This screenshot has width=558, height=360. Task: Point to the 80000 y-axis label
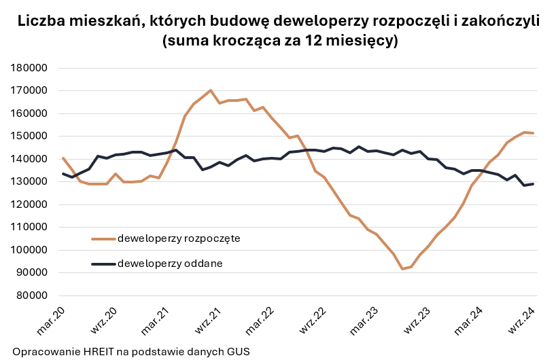30,295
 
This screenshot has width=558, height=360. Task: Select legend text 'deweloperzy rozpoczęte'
179,238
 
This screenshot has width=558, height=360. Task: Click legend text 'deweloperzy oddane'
170,263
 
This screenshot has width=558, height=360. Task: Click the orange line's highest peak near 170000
211,90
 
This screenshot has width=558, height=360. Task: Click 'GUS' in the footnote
238,352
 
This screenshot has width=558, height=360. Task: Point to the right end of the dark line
533,184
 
